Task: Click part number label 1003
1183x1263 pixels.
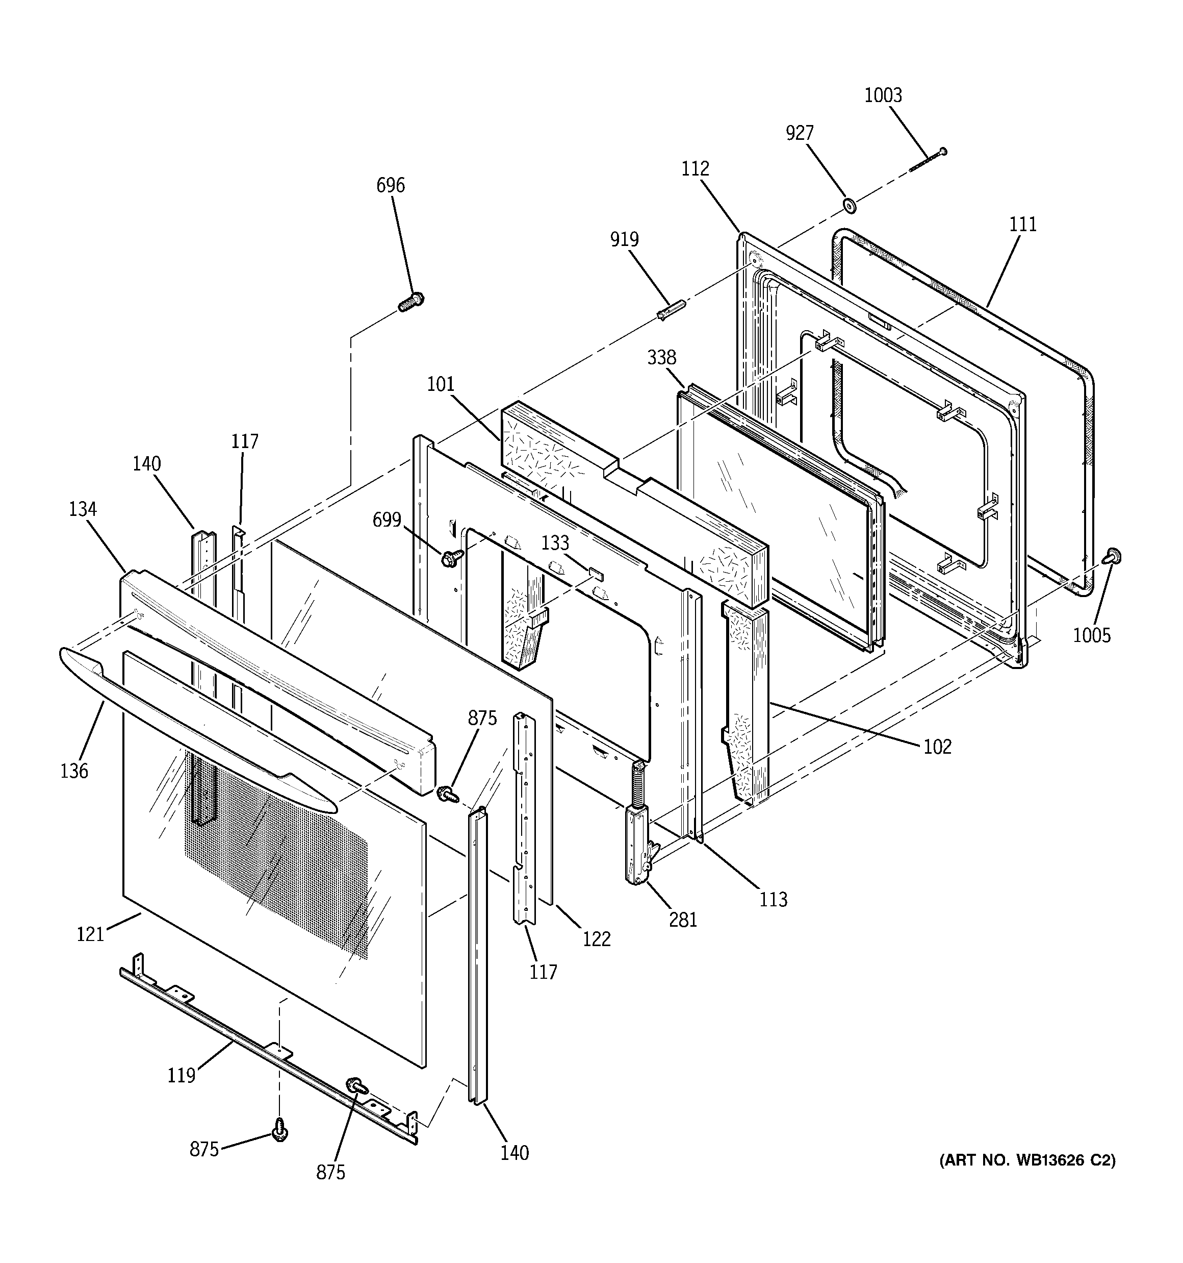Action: (x=883, y=95)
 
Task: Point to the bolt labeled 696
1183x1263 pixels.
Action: (x=412, y=301)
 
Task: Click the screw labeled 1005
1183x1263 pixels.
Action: (x=1113, y=557)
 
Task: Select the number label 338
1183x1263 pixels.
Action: (x=662, y=358)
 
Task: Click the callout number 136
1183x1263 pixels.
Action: (x=74, y=771)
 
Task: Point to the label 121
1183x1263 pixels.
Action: (x=90, y=934)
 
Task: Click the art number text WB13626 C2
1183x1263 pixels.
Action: (x=1027, y=1161)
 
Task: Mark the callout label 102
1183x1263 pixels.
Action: (x=938, y=747)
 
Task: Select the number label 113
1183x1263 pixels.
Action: (x=774, y=900)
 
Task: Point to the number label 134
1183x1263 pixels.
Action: (x=83, y=509)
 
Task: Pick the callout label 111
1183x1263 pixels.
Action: (x=1023, y=224)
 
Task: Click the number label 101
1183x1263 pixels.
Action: (x=441, y=384)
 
